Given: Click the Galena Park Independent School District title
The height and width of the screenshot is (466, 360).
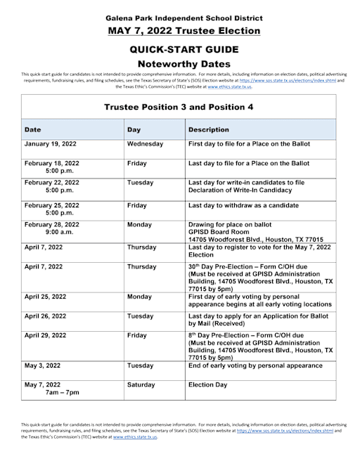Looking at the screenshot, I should pos(179,16).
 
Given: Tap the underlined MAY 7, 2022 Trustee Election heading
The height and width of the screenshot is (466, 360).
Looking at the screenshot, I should pos(179,31).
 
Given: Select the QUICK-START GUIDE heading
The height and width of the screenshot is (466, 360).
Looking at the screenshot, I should pos(179,49).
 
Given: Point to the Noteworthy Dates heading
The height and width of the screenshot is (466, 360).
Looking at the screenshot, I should pos(179,64).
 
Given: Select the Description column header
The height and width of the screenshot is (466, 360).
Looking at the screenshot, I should pos(209,129).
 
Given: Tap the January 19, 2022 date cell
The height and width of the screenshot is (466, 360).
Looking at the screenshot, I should pos(52,144).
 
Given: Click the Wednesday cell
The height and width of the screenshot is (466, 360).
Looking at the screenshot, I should pos(145,144).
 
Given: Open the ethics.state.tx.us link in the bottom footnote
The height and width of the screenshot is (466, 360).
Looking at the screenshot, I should pos(135,436).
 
